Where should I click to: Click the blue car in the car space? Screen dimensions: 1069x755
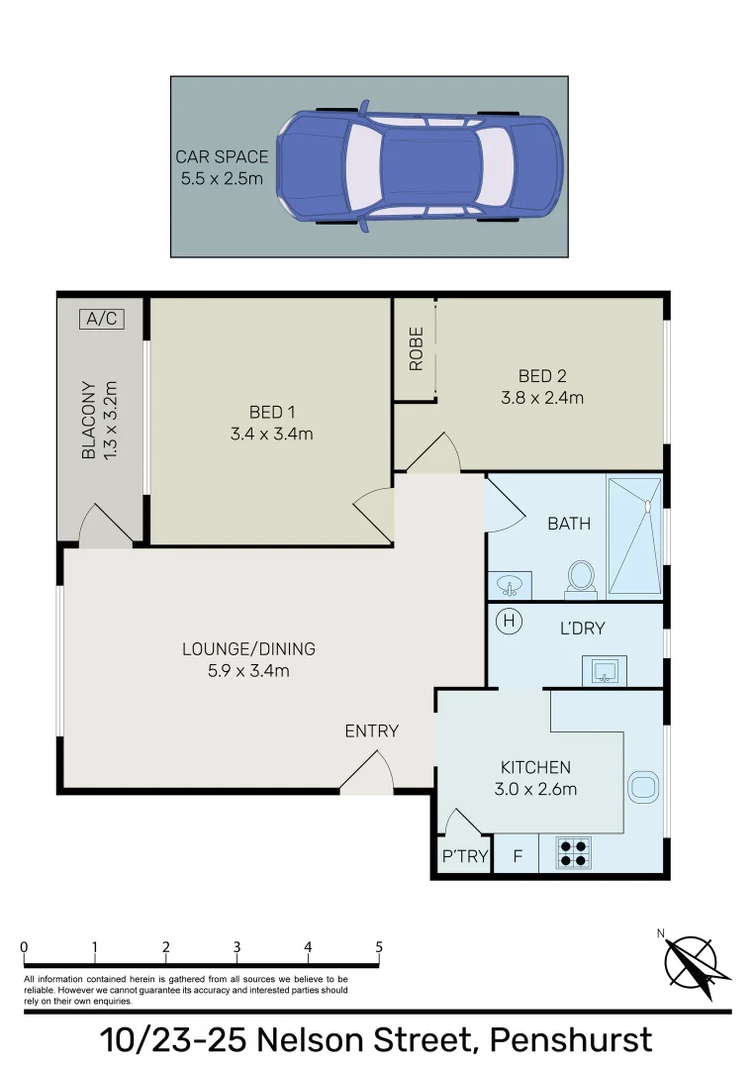click(x=420, y=165)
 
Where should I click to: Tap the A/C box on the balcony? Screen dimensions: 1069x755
click(x=102, y=319)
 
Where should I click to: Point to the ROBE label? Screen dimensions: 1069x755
click(x=416, y=348)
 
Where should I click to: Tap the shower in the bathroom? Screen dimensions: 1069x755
click(x=633, y=535)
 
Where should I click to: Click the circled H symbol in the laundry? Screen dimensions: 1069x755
click(x=509, y=622)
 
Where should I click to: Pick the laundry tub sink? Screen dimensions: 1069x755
click(x=605, y=673)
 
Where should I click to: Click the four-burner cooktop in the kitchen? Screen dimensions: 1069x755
click(x=571, y=853)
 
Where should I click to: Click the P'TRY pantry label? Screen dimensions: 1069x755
click(x=464, y=856)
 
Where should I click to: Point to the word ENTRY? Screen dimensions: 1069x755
click(x=371, y=730)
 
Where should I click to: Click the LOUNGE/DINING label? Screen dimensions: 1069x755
click(x=248, y=649)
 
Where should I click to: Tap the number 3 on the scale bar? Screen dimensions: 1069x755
click(x=236, y=946)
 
